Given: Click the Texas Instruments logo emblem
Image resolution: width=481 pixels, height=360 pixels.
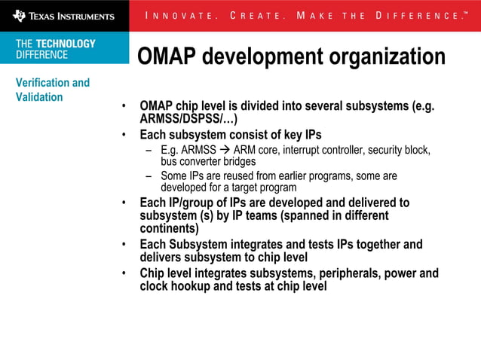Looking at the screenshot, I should click(x=19, y=15).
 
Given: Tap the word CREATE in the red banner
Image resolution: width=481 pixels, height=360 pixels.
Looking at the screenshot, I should click(x=256, y=16).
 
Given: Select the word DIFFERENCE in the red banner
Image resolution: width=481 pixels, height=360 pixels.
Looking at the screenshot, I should click(x=418, y=16).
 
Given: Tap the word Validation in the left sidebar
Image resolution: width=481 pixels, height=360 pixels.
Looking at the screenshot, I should click(x=39, y=97).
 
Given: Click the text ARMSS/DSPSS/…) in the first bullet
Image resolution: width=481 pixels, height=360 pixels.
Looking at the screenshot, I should click(x=188, y=119).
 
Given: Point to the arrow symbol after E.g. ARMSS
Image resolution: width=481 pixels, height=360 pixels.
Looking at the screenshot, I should click(x=225, y=150).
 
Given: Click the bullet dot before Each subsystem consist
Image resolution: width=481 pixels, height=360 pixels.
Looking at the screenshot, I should click(x=124, y=136).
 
